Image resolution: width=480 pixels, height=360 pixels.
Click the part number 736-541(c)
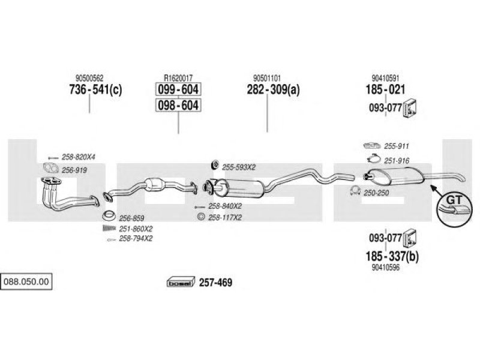[x=95, y=89]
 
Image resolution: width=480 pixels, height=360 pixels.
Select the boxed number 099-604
[x=178, y=89]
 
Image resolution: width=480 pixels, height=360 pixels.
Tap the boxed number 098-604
[x=178, y=105]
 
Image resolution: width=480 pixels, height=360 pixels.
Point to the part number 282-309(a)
[x=273, y=89]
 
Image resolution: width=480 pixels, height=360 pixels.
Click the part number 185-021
[x=385, y=89]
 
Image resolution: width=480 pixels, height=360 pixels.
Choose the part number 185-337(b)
[x=392, y=256]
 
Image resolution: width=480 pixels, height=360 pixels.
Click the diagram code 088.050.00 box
[x=26, y=281]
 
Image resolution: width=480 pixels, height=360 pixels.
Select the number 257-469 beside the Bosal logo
[x=215, y=282]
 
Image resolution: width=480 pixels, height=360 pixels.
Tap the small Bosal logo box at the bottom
[x=181, y=282]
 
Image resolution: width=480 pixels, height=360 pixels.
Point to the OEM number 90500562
[x=89, y=78]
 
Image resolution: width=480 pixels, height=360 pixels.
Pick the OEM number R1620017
[x=178, y=78]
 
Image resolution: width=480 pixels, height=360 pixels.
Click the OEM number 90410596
[x=386, y=267]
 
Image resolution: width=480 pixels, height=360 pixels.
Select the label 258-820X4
[x=79, y=157]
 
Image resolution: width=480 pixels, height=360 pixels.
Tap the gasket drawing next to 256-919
[x=50, y=168]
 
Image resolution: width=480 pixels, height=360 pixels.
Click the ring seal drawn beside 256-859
[x=109, y=216]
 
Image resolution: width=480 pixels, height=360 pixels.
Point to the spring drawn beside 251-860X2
[x=109, y=228]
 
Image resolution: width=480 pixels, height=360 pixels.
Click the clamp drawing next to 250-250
[x=355, y=191]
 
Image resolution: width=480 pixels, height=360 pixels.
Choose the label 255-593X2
[x=239, y=167]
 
